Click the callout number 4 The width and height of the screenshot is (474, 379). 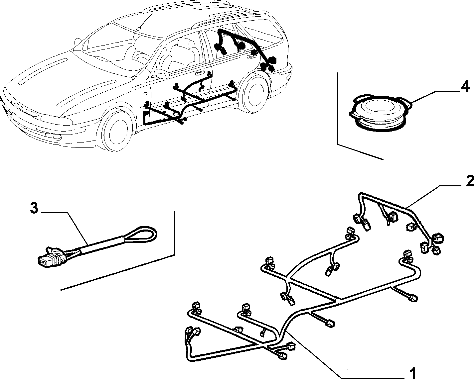pyautogui.click(x=465, y=87)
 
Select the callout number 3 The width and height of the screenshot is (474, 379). pyautogui.click(x=34, y=208)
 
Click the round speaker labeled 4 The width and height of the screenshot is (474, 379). pyautogui.click(x=381, y=113)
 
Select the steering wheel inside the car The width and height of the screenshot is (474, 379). pyautogui.click(x=141, y=58)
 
